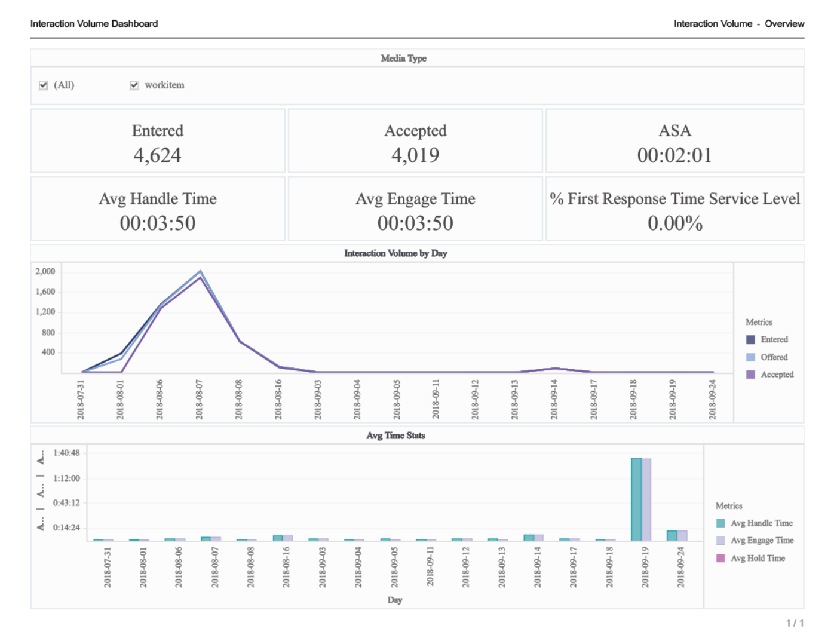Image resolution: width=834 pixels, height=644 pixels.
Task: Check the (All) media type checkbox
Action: tap(44, 85)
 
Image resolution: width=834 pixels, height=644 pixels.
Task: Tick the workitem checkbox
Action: tap(134, 85)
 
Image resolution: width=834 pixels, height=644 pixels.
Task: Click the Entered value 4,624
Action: tap(157, 155)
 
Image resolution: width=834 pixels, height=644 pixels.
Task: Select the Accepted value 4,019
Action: tap(415, 155)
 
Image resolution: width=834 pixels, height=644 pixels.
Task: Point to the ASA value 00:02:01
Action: tap(674, 155)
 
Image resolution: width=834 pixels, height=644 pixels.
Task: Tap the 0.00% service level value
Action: tap(674, 223)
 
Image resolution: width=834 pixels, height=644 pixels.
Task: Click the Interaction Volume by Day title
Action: tap(395, 253)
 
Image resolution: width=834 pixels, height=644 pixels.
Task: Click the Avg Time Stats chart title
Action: tap(395, 436)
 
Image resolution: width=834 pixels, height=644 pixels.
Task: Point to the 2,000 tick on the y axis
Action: tap(45, 271)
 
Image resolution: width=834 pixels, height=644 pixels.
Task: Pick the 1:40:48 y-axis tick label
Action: tap(66, 453)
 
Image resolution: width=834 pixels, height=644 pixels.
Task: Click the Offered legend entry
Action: tap(774, 357)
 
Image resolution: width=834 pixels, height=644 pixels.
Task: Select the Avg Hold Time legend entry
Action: tap(758, 558)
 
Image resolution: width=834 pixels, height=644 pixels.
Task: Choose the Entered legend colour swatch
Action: tap(750, 339)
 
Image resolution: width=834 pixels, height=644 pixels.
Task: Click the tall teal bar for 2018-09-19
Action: tap(636, 499)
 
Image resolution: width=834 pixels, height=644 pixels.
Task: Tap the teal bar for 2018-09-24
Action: tap(672, 535)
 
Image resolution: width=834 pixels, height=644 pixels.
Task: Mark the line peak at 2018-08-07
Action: tap(200, 272)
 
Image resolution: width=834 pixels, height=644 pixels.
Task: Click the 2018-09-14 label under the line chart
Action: tap(554, 399)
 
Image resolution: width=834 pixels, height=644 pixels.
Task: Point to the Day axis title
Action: tap(395, 600)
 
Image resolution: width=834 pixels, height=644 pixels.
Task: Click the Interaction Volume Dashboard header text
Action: tap(94, 24)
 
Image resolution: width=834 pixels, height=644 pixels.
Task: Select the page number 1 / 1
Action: tap(795, 623)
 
